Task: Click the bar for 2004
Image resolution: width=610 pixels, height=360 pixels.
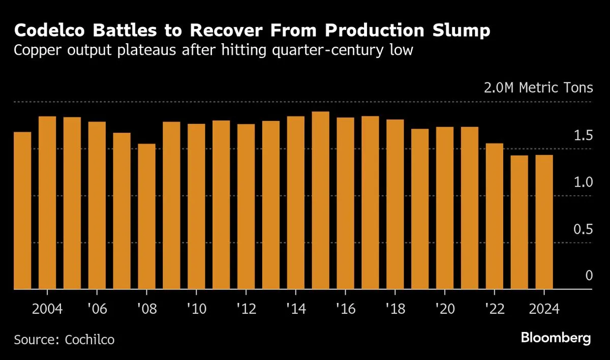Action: coord(47,203)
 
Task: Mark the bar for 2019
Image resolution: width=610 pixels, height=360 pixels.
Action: coord(420,209)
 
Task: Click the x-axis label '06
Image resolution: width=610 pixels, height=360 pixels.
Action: coord(97,310)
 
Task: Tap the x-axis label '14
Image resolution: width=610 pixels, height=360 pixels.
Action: coord(295,310)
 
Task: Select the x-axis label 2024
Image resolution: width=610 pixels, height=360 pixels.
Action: coord(543,310)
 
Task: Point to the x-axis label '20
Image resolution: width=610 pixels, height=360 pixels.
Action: coord(444,310)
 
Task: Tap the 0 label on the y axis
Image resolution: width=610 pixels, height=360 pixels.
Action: coord(589,276)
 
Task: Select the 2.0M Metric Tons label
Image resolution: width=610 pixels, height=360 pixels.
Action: coord(538,88)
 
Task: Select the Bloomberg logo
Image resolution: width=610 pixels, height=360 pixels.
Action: coord(556,338)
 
